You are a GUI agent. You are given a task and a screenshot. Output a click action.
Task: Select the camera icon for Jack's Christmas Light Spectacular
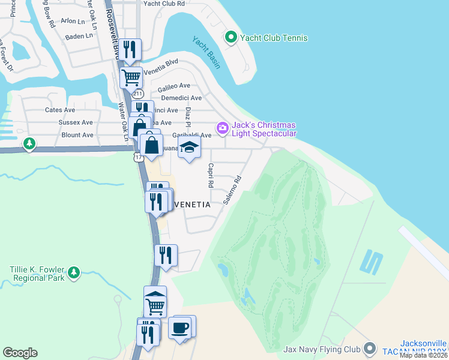tap(223, 127)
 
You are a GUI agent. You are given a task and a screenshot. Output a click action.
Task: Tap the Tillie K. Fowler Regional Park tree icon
tap(74, 273)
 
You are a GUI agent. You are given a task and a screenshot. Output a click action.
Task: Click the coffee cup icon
tap(180, 328)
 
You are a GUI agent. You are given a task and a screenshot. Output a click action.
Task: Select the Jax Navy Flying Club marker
tap(370, 349)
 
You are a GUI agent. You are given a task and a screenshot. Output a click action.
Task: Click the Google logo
tap(20, 353)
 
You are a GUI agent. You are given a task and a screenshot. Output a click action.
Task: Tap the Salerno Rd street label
tap(232, 190)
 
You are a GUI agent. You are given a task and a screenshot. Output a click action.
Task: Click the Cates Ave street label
tap(60, 110)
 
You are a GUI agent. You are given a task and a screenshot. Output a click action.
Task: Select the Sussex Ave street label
tap(76, 122)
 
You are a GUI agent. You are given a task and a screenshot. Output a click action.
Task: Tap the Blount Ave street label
tap(77, 135)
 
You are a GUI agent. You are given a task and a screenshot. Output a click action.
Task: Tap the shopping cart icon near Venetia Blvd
tap(131, 76)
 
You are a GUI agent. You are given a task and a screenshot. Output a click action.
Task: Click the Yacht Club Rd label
tap(163, 4)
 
